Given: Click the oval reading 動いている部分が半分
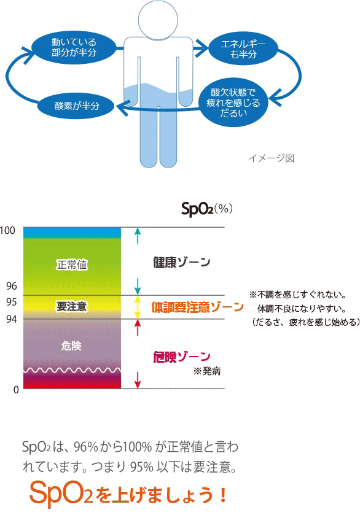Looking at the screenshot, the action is coord(74,47).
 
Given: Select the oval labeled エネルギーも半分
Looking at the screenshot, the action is coord(243,49).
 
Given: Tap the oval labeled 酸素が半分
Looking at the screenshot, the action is coord(77,106).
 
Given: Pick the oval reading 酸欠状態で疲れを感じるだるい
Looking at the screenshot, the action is coord(233,102).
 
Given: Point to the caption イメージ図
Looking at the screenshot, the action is coord(271,158).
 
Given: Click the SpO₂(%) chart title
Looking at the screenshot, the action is coord(207,209).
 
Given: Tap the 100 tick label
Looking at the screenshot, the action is coord(7,231).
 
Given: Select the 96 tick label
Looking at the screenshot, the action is coord(12,286).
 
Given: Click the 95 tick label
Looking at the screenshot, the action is coord(12,302).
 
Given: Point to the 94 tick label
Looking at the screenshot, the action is coord(12,319).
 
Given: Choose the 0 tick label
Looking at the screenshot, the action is coord(16,390).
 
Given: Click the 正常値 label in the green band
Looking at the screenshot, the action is coord(72,265).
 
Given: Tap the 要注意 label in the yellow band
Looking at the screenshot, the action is coord(72,306).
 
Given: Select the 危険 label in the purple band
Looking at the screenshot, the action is coord(71,346).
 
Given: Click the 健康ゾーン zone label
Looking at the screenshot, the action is coord(181,262).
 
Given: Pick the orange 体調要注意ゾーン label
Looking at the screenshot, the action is coord(197,307).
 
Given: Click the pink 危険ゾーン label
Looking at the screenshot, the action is coord(181,357).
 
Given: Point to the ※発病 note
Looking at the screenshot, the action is coord(207,371).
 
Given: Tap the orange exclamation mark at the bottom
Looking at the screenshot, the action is coord(223,495).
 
